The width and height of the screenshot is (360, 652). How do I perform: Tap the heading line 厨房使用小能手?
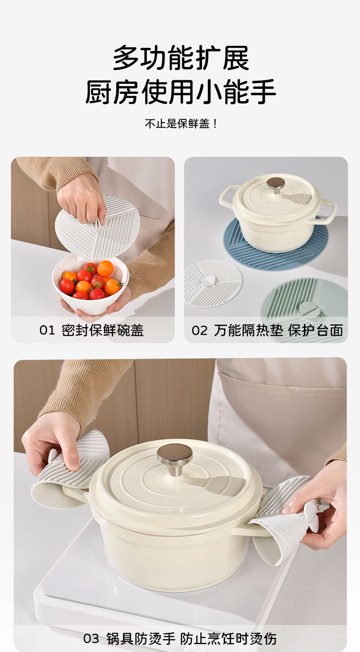pyautogui.click(x=180, y=92)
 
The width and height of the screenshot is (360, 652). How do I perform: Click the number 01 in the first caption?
pyautogui.click(x=47, y=330)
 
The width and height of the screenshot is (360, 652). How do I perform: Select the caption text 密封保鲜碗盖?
pyautogui.click(x=103, y=330)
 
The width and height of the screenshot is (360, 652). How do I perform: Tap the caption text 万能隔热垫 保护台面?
pyautogui.click(x=278, y=330)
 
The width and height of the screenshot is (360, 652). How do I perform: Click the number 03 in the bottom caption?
pyautogui.click(x=91, y=639)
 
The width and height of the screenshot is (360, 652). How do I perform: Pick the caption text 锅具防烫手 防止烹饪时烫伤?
pyautogui.click(x=191, y=639)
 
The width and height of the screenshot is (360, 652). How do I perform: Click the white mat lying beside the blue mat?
pyautogui.click(x=213, y=283)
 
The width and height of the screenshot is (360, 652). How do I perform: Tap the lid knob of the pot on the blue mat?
pyautogui.click(x=276, y=185)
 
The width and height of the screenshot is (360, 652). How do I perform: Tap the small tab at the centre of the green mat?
pyautogui.click(x=310, y=308)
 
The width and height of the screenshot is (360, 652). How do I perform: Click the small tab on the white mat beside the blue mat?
pyautogui.click(x=209, y=281)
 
